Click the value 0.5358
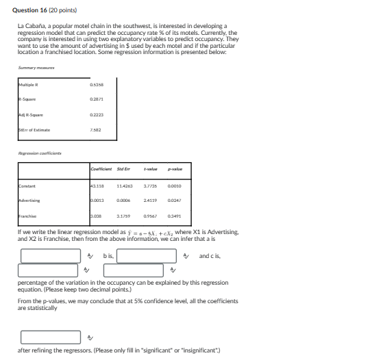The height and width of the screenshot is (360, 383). click(x=97, y=86)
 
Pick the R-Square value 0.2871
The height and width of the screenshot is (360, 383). click(x=97, y=99)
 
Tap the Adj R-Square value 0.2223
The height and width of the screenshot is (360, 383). click(x=97, y=115)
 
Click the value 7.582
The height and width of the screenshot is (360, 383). click(x=95, y=129)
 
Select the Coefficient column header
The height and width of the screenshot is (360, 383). click(x=101, y=169)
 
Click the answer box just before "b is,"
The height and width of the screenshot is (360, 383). click(x=51, y=256)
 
